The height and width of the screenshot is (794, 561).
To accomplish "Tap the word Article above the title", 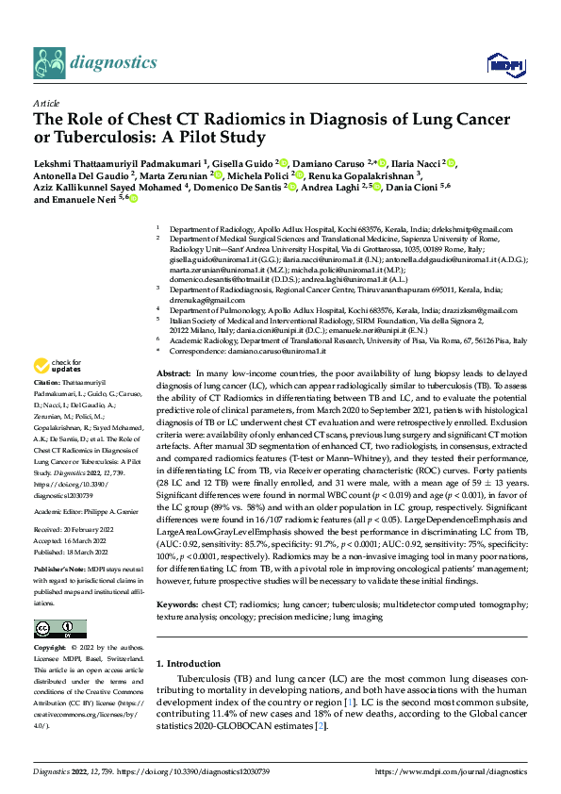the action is point(45,104).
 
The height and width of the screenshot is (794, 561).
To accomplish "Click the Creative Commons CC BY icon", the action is point(59,628).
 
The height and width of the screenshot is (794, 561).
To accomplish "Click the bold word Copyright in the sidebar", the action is point(52,649).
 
